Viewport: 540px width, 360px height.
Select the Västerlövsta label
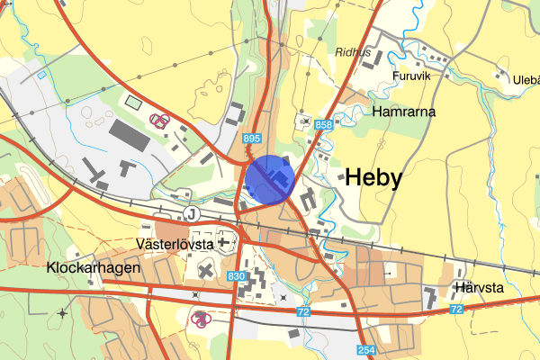(174, 244)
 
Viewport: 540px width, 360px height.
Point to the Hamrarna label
(404, 112)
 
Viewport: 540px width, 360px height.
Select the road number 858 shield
(324, 125)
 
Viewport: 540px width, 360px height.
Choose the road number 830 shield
(237, 276)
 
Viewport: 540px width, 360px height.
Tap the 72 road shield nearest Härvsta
(456, 310)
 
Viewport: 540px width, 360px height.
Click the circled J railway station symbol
(190, 213)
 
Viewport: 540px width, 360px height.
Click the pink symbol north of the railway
(159, 121)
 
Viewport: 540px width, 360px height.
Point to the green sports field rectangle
(135, 103)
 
